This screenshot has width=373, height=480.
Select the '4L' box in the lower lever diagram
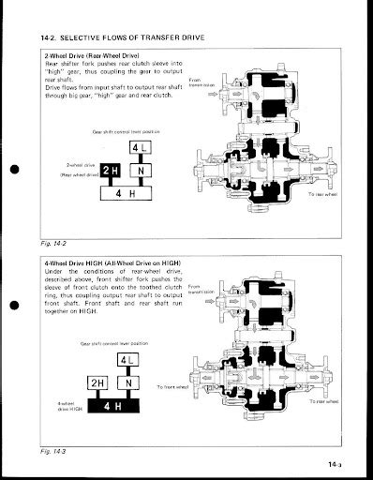tap(128, 362)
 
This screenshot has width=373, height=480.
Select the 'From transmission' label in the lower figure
tap(201, 289)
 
